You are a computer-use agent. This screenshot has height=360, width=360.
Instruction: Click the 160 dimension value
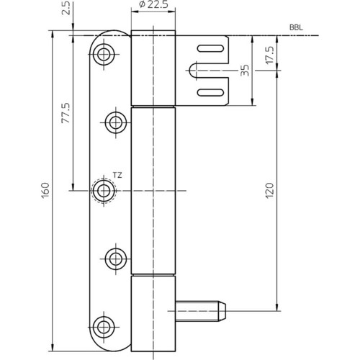(45, 190)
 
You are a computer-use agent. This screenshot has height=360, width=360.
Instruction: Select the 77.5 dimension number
(66, 113)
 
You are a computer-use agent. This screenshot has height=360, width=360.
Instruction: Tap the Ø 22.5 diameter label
(153, 4)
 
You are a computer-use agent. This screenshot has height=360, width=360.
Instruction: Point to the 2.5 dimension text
(67, 8)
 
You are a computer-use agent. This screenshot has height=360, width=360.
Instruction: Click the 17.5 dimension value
(269, 55)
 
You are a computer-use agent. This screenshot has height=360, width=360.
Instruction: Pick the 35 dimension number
(245, 70)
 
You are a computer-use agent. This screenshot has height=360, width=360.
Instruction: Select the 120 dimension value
(269, 190)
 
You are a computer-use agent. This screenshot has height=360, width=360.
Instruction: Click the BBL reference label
(296, 27)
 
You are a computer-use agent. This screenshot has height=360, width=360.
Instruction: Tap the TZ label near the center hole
(117, 176)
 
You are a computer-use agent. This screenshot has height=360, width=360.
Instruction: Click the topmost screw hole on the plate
(104, 55)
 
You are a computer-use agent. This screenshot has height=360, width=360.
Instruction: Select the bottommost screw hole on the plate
(104, 327)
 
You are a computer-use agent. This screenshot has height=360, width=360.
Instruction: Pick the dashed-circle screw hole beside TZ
(104, 191)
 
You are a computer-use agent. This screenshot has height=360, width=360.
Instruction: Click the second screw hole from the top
(116, 122)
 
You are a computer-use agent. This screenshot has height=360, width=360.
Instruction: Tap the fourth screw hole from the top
(116, 258)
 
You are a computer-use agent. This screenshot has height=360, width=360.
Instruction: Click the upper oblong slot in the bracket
(210, 48)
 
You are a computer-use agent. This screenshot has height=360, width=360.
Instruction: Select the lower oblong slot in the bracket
(210, 92)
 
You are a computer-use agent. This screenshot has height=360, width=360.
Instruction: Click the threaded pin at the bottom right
(201, 311)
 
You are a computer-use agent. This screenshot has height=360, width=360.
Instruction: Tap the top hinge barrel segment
(153, 68)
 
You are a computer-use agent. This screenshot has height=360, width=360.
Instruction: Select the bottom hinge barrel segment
(153, 314)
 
